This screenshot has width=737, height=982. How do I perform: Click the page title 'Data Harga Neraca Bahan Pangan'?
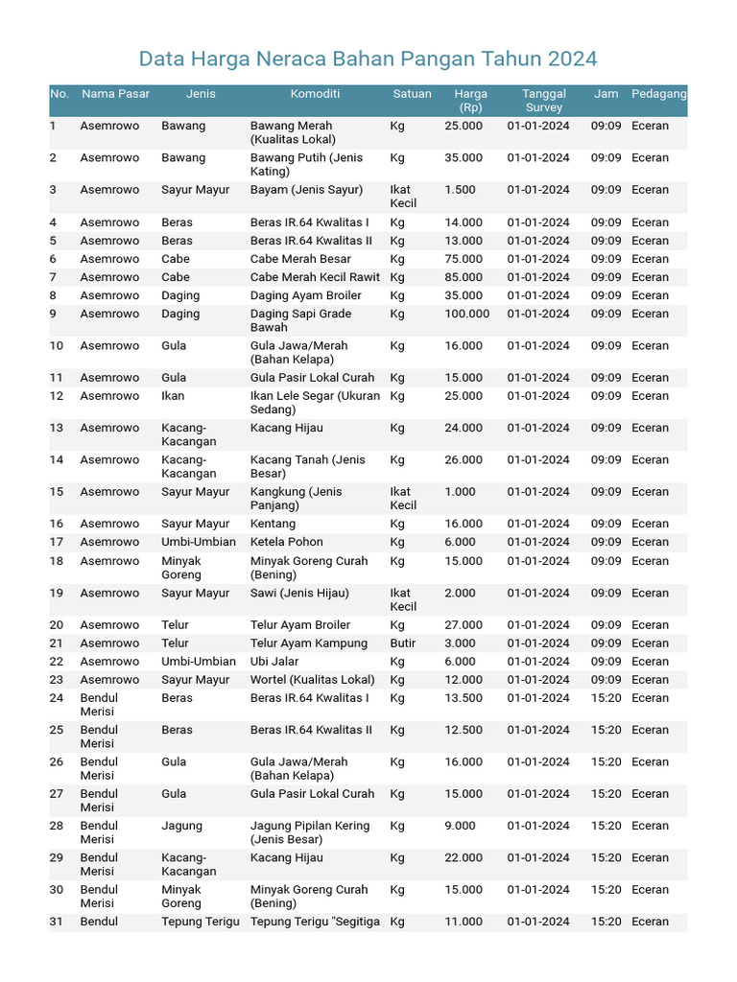click(368, 58)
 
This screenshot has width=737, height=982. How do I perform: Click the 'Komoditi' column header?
click(315, 94)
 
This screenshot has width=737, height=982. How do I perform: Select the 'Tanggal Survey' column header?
click(543, 101)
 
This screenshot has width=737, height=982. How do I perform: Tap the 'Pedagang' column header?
click(658, 94)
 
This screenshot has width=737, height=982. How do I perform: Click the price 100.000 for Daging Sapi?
click(466, 314)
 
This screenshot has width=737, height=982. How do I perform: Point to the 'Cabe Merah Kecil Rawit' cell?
click(315, 277)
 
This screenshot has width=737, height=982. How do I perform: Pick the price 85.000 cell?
click(464, 277)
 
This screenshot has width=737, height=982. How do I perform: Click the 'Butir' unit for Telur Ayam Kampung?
click(403, 643)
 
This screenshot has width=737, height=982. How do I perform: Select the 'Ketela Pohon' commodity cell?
click(286, 542)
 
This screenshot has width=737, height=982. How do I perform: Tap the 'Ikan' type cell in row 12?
click(173, 396)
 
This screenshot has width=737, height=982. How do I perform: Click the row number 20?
click(57, 625)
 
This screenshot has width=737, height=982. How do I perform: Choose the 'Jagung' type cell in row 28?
click(181, 826)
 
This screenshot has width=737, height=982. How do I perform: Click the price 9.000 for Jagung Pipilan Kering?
click(460, 826)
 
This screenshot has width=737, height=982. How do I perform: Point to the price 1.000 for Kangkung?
click(460, 492)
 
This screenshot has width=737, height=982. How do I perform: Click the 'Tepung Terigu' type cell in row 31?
click(200, 922)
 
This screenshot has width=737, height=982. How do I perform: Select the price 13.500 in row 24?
click(464, 698)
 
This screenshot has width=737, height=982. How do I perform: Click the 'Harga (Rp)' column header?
click(470, 101)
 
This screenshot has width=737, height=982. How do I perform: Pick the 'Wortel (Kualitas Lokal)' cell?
click(312, 680)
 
